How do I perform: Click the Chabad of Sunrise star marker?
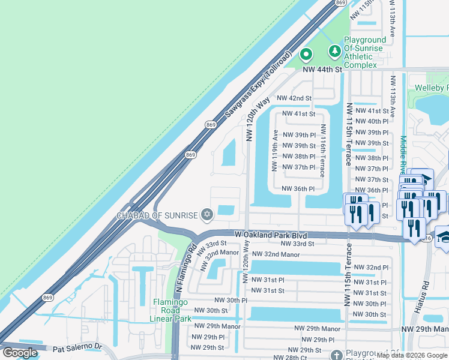pyautogui.click(x=207, y=214)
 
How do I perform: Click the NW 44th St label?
pyautogui.click(x=322, y=70)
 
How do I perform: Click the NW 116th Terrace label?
pyautogui.click(x=323, y=151)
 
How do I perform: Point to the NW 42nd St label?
pyautogui.click(x=294, y=98)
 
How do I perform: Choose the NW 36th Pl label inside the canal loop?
pyautogui.click(x=298, y=188)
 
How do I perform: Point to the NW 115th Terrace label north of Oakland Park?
pyautogui.click(x=348, y=134)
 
